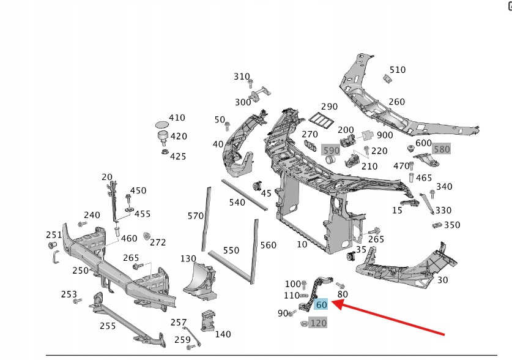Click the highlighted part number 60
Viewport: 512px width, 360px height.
pos(321,304)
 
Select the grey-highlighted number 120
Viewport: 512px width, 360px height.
pos(319,323)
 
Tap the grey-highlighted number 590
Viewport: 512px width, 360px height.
pos(331,150)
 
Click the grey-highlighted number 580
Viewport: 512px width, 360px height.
pos(441,149)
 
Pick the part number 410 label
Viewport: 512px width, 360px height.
pos(177,118)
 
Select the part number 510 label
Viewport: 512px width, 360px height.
pos(398,70)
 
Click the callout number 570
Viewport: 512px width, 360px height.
pos(196,216)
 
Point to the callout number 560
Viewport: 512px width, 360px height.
pos(269,245)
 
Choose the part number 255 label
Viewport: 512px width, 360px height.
pos(108,326)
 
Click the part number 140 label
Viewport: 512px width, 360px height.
pos(223,334)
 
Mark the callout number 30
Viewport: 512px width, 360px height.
pos(443,280)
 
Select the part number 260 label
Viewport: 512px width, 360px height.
pos(396,102)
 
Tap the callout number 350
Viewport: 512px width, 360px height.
pos(452,225)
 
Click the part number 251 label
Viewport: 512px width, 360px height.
pos(54,234)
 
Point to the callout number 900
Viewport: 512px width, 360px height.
pos(385,135)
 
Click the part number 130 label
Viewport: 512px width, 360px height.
pos(188,258)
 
